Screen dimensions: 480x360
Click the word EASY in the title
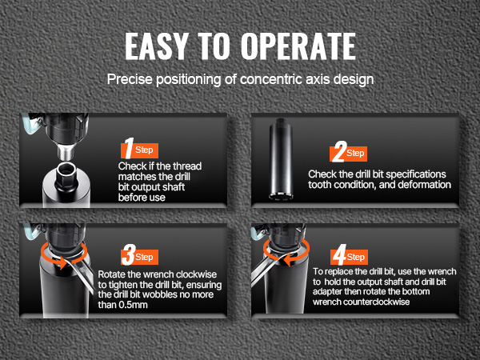tap(156, 46)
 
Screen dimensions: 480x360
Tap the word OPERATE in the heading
tap(298, 46)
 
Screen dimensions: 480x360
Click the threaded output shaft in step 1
tap(66, 151)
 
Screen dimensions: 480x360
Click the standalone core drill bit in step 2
tap(281, 159)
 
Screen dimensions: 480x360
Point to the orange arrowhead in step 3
tap(63, 262)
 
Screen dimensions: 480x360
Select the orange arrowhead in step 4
tap(287, 260)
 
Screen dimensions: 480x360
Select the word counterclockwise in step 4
tap(376, 302)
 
